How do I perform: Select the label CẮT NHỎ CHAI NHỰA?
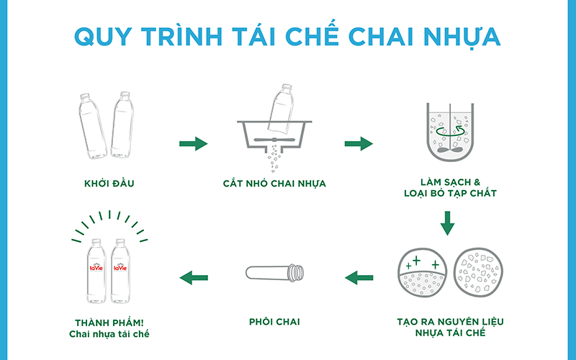pos(274,184)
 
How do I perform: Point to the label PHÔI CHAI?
pos(274,322)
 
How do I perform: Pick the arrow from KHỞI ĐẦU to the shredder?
pos(193,144)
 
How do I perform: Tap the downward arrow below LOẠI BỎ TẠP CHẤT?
pos(447,223)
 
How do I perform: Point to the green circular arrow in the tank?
pos(447,132)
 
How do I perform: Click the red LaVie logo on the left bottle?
pos(96,269)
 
